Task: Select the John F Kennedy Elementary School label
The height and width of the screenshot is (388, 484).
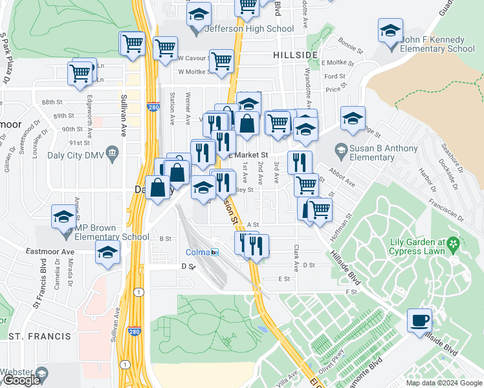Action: [437, 44]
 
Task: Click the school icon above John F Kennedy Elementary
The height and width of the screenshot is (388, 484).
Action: [390, 31]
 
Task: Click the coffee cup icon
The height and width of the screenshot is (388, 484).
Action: [419, 319]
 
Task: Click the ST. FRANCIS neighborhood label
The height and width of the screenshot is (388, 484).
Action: [39, 336]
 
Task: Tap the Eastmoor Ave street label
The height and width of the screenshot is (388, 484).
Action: [50, 250]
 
